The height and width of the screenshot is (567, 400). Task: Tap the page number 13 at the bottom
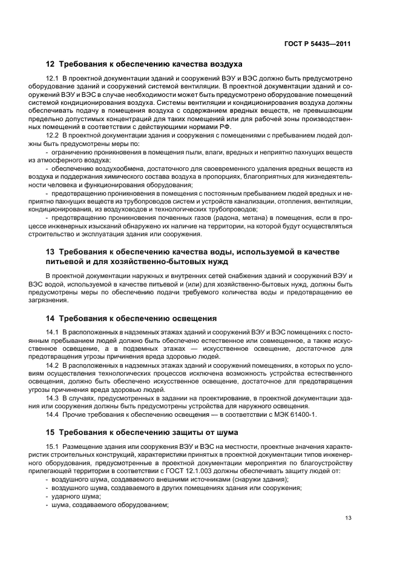pos(348,518)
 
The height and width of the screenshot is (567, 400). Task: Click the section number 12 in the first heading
pos(50,64)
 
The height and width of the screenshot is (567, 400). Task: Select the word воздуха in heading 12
pos(223,64)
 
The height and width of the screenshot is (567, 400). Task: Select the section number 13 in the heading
pos(50,252)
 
